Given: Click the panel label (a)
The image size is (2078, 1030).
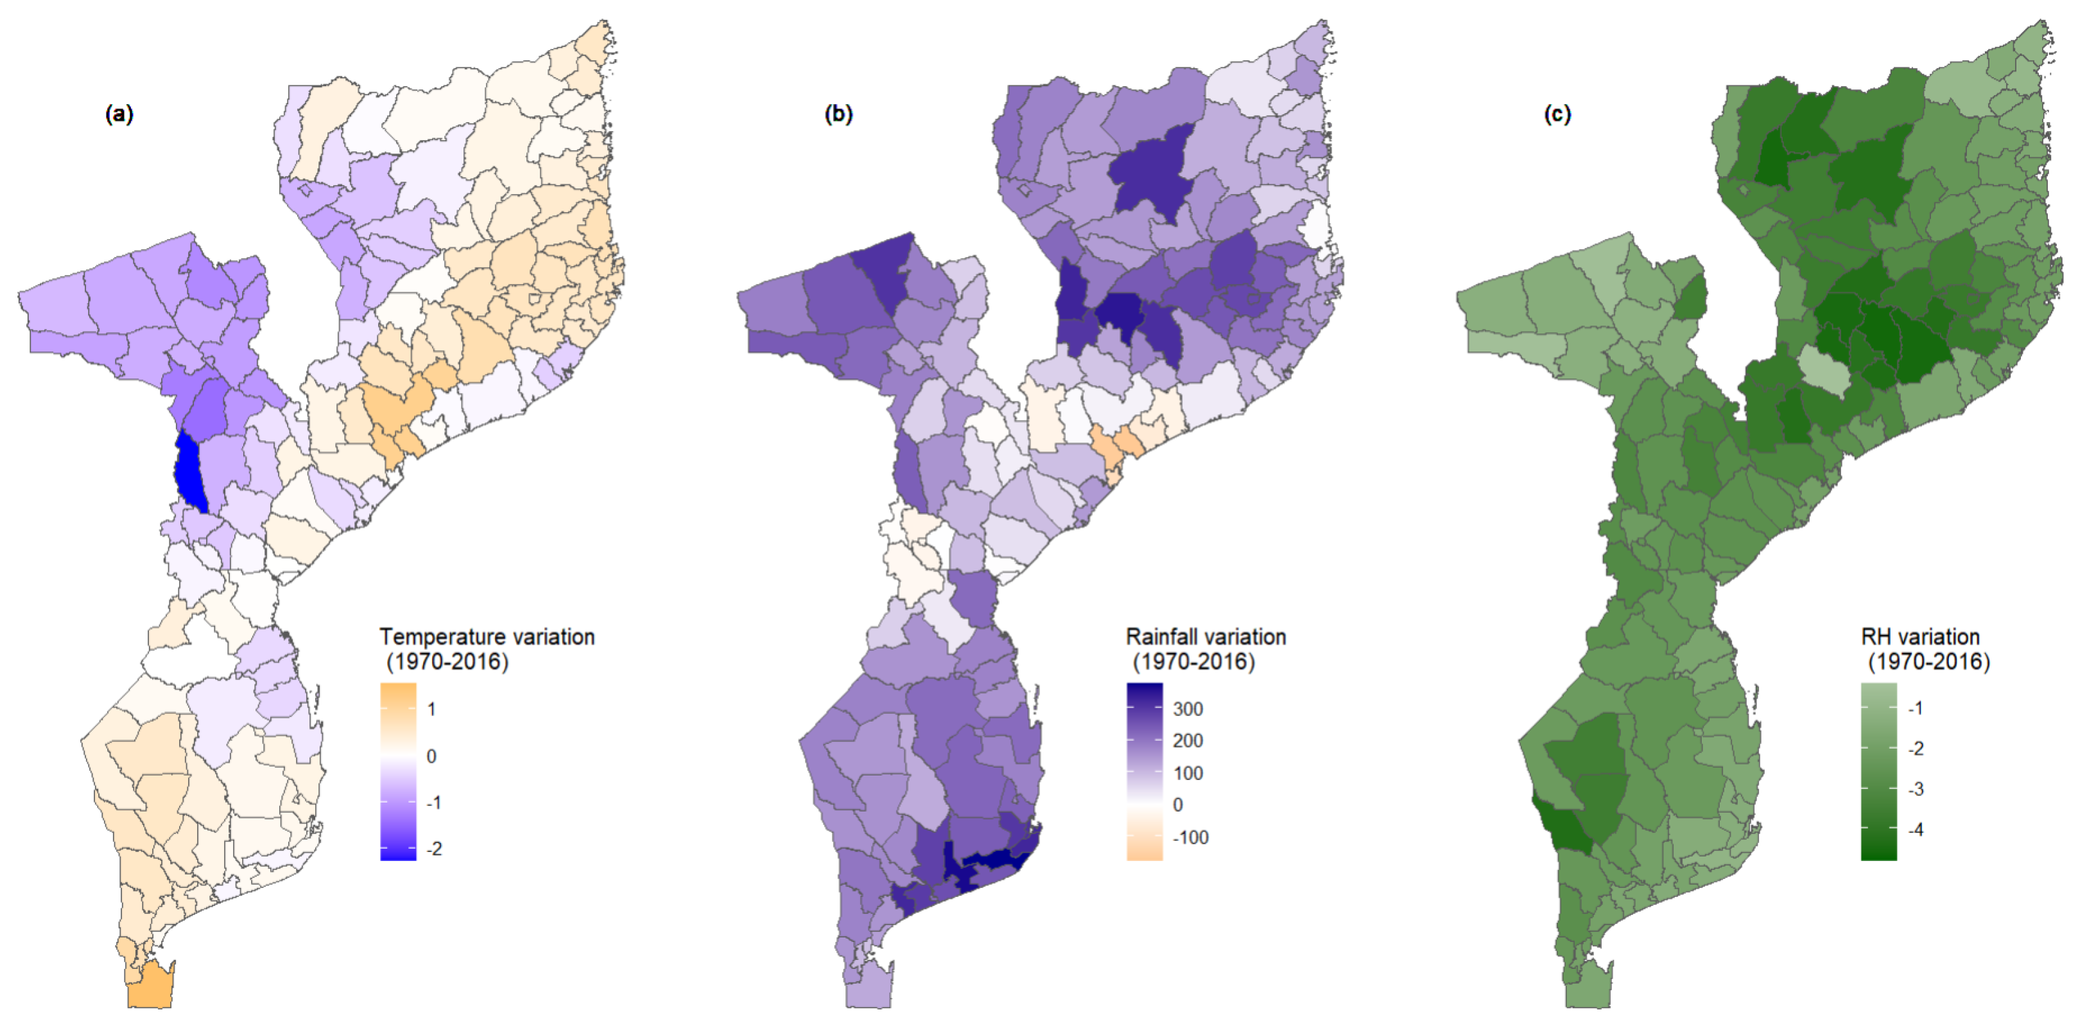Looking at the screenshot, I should pyautogui.click(x=119, y=114).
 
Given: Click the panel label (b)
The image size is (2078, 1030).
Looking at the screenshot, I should pyautogui.click(x=838, y=114).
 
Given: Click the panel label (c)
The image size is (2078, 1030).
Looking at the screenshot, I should pyautogui.click(x=1557, y=114).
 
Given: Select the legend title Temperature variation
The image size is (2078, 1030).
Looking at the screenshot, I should pyautogui.click(x=487, y=637).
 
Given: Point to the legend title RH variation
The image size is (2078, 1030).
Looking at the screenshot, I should pyautogui.click(x=1920, y=637).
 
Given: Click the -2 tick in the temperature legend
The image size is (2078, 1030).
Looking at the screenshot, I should pyautogui.click(x=434, y=848).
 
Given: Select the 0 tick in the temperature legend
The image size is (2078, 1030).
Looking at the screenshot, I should pyautogui.click(x=431, y=756).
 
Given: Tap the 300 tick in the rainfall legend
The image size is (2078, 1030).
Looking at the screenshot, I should pyautogui.click(x=1188, y=709).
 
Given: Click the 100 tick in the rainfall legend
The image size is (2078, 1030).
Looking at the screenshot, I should pyautogui.click(x=1188, y=772).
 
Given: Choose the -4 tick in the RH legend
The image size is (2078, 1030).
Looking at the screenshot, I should pyautogui.click(x=1915, y=829).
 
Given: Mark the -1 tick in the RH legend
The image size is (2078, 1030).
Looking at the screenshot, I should pyautogui.click(x=1915, y=708).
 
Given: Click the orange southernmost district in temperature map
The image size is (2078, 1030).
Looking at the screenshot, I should pyautogui.click(x=151, y=986).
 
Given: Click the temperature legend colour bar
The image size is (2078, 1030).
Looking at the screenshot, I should pyautogui.click(x=398, y=771).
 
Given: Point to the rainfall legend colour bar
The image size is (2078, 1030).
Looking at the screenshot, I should pyautogui.click(x=1144, y=771).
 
